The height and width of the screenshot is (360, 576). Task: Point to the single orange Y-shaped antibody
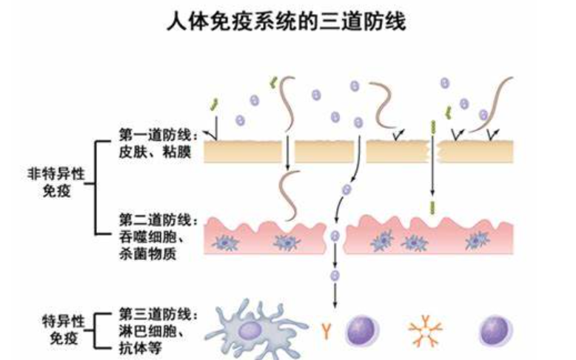pyautogui.click(x=326, y=329)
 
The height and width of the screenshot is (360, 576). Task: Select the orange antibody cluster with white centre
pyautogui.click(x=426, y=331)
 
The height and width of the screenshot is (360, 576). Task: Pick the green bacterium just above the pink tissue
pyautogui.click(x=433, y=204)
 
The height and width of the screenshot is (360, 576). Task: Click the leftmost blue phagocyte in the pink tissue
pyautogui.click(x=224, y=241)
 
